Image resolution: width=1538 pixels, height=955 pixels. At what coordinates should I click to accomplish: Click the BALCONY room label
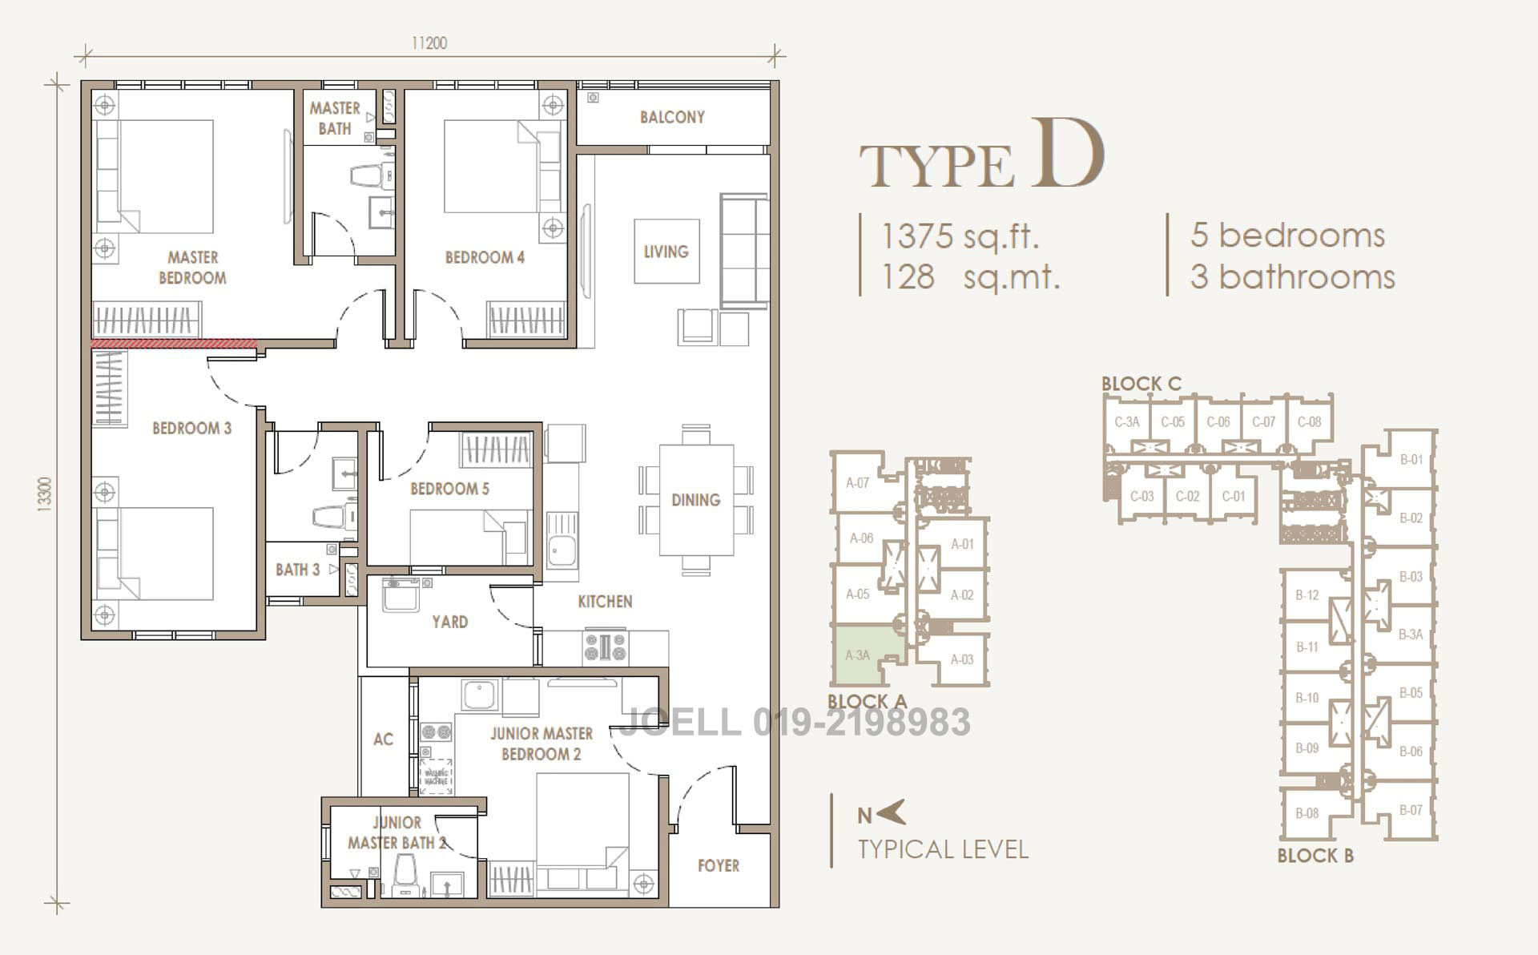point(672,117)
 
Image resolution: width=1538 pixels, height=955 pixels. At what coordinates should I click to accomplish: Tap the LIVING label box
point(666,252)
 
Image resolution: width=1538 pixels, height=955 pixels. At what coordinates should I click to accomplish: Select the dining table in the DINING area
point(696,500)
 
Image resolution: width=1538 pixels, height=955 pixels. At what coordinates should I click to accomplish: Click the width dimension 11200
point(429,43)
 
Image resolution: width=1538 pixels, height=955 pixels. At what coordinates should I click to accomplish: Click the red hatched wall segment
point(174,344)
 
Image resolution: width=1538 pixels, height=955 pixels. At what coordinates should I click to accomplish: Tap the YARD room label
point(449,622)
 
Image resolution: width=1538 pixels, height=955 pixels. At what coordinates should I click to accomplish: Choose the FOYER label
point(718,865)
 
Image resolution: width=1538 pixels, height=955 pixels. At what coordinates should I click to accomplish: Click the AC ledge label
point(383,739)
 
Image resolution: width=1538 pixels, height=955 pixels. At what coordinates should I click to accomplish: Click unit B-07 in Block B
point(1411,810)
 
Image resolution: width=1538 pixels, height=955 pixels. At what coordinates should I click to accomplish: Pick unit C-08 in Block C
point(1309,422)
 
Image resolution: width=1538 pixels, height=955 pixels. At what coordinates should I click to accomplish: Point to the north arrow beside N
point(892,813)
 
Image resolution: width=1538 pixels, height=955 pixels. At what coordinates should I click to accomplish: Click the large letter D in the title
point(1067,154)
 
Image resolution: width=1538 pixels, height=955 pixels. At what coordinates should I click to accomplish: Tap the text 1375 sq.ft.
point(960,236)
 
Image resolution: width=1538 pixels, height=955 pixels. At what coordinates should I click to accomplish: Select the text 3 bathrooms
point(1292,277)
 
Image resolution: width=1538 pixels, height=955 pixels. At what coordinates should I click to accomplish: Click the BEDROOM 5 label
point(449,489)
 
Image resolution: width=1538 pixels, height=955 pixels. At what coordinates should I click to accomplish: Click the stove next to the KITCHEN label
point(606,647)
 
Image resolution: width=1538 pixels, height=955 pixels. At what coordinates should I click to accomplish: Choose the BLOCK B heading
point(1315,856)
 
